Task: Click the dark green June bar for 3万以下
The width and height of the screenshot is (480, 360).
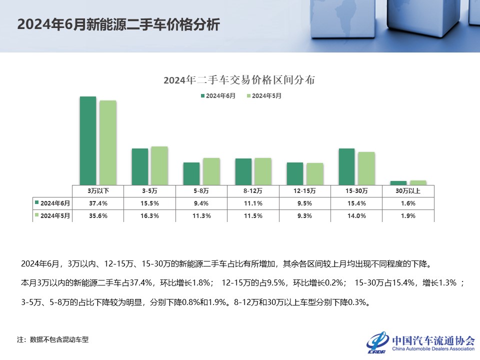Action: (88, 140)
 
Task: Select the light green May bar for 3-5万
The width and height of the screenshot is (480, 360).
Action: (159, 165)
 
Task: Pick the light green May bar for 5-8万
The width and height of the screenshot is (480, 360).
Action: (211, 171)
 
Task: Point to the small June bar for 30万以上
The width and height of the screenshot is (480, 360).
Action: (398, 182)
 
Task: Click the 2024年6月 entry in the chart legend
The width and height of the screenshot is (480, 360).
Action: (218, 95)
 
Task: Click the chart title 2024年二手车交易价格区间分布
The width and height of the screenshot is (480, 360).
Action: (239, 80)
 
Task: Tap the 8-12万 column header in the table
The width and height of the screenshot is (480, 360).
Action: (253, 190)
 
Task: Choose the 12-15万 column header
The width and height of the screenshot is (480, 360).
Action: (304, 190)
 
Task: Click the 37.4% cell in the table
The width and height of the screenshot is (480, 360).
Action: (98, 203)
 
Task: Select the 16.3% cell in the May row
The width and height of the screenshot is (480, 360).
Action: (150, 215)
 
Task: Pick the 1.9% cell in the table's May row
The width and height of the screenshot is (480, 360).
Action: (408, 215)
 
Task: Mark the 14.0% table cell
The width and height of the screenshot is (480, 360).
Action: (356, 215)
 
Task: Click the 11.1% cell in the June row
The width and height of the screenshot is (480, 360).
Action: (253, 203)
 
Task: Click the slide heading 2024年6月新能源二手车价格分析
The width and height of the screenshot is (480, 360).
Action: (118, 25)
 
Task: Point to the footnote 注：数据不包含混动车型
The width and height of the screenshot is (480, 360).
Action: (53, 339)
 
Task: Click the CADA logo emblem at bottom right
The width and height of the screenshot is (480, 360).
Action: (377, 342)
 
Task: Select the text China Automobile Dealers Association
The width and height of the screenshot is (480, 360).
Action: (433, 349)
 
